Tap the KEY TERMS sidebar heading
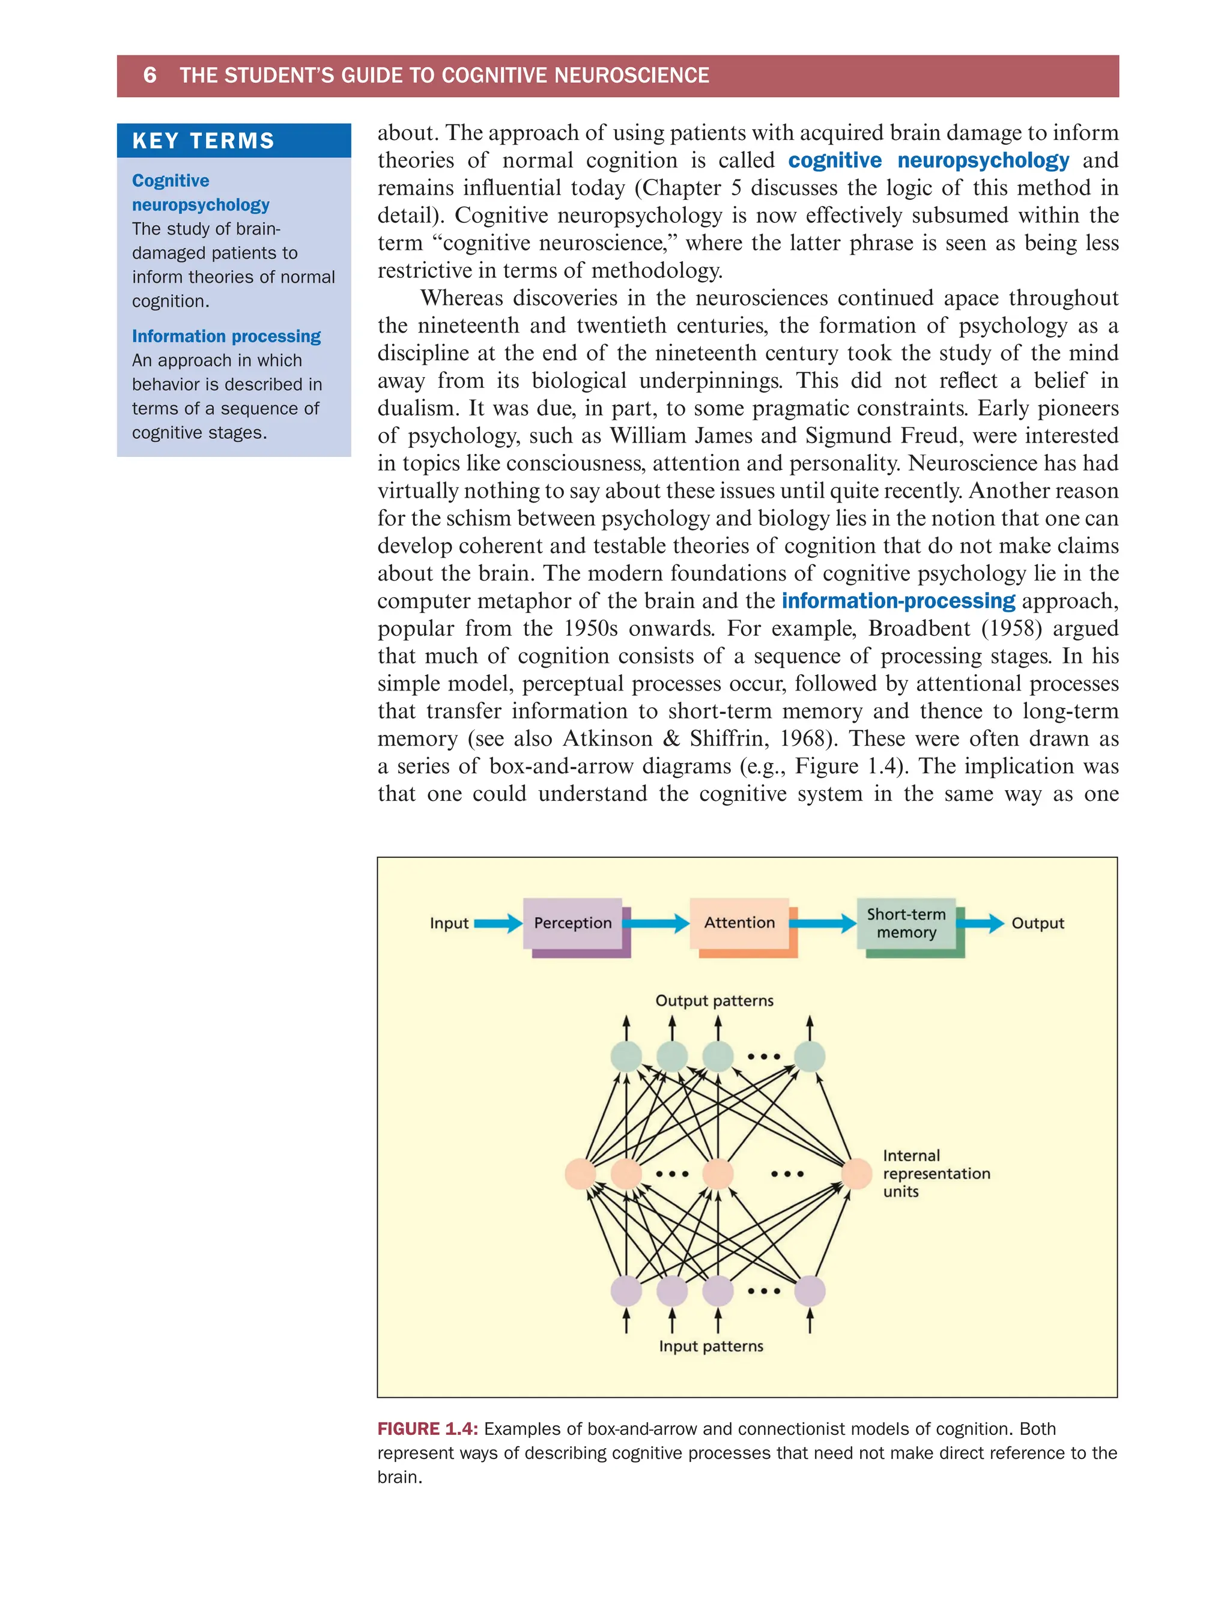click(203, 140)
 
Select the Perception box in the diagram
click(572, 923)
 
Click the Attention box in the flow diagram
click(739, 922)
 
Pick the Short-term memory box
click(906, 923)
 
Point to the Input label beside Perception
click(449, 923)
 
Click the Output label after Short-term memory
click(1037, 923)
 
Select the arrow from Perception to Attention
click(656, 923)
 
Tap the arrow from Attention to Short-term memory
click(823, 923)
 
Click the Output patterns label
click(714, 1001)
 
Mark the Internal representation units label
click(936, 1173)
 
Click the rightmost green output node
click(810, 1057)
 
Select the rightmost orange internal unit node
click(856, 1174)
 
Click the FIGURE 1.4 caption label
click(428, 1429)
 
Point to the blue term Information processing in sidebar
click(226, 336)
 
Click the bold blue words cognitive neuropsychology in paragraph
click(929, 160)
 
